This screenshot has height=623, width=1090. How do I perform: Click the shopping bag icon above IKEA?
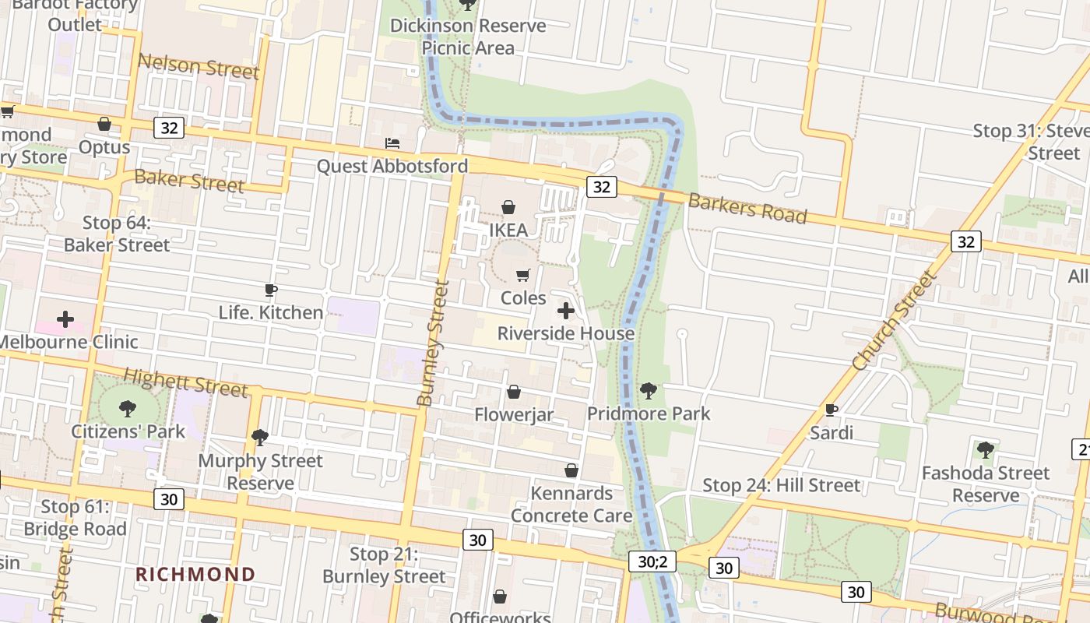[508, 207]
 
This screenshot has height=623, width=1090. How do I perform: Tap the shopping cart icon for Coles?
[523, 275]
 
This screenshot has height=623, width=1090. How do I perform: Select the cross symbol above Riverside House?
[566, 311]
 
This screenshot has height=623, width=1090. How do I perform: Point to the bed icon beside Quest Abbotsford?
[392, 143]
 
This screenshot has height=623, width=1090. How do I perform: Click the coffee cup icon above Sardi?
[832, 410]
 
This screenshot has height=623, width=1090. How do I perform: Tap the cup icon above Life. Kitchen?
[271, 290]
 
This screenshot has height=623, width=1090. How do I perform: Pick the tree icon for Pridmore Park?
[648, 390]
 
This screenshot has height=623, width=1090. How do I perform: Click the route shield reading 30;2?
[652, 561]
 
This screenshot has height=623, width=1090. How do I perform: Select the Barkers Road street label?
[747, 208]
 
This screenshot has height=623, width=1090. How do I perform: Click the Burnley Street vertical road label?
[433, 343]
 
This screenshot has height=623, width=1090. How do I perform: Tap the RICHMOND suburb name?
[195, 575]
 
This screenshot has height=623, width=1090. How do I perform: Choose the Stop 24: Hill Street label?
[781, 486]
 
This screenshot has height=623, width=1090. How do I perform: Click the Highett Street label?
[185, 382]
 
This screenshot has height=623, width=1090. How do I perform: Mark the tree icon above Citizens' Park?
[128, 408]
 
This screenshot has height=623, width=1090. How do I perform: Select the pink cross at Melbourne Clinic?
[65, 319]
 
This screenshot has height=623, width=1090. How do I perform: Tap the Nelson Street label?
[198, 66]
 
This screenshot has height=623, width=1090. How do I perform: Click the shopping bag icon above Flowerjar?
[514, 392]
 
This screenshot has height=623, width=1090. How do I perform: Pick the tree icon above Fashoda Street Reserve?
[986, 449]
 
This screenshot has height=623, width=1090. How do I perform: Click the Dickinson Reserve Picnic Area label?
[468, 37]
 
